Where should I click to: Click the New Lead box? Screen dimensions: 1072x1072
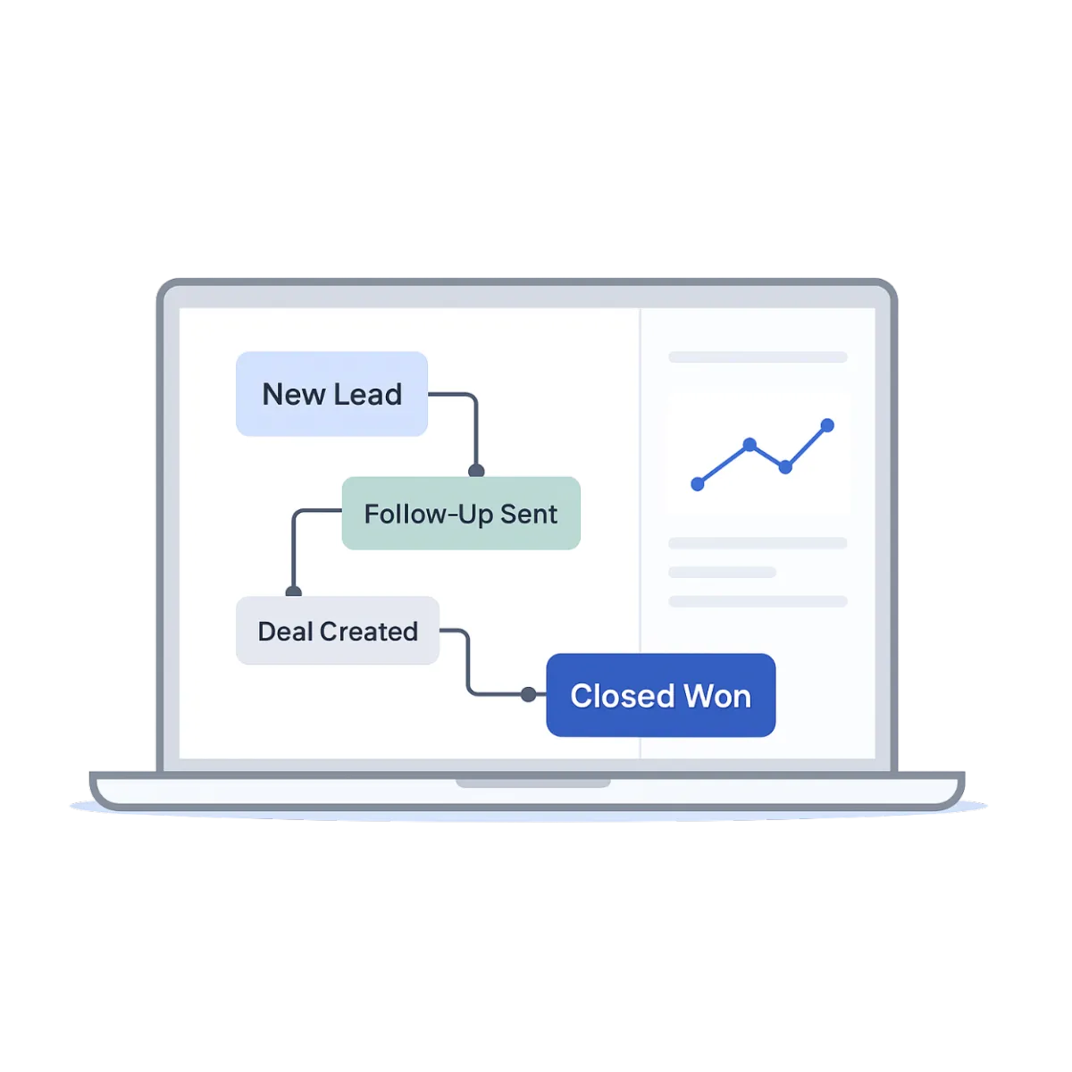[x=331, y=394]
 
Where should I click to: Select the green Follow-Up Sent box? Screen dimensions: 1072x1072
[x=461, y=514]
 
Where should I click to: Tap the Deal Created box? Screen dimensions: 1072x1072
[x=338, y=631]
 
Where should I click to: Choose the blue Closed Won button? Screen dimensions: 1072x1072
[x=660, y=695]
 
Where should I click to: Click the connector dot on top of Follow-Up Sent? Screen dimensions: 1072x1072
[x=476, y=471]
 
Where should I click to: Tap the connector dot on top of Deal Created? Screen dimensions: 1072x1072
[x=293, y=591]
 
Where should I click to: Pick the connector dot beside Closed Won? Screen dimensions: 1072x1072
[x=528, y=694]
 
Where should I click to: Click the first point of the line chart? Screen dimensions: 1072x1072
[x=698, y=484]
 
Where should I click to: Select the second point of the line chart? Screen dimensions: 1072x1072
[x=750, y=444]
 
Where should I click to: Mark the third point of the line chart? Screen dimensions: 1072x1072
[x=785, y=467]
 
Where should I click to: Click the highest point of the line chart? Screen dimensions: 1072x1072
[x=827, y=424]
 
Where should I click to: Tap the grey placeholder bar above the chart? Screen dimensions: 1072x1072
[x=758, y=357]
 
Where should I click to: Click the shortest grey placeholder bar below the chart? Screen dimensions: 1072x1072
[x=722, y=573]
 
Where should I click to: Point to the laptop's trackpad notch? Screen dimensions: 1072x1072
[x=533, y=783]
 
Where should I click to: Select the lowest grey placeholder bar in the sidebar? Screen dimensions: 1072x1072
[x=758, y=602]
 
